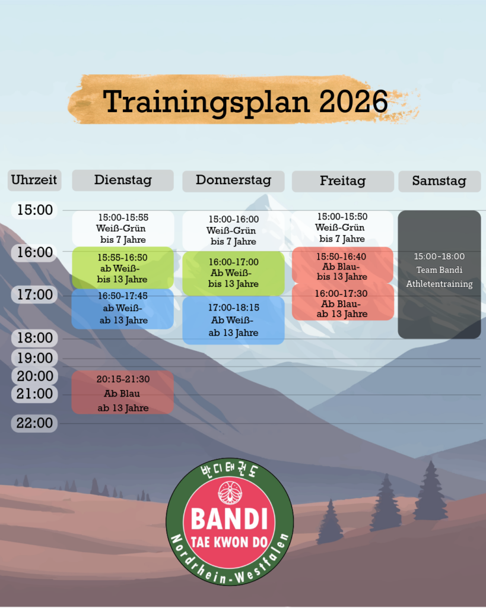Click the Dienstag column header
click(x=123, y=180)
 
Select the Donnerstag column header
click(x=233, y=181)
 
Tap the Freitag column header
click(x=342, y=181)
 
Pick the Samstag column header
click(x=440, y=181)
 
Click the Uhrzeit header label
click(x=34, y=180)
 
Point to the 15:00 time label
click(x=35, y=210)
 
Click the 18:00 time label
click(x=35, y=338)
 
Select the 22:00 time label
click(x=34, y=423)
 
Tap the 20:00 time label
click(x=35, y=376)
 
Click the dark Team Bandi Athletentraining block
click(x=440, y=274)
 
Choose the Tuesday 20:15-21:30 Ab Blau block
click(x=122, y=392)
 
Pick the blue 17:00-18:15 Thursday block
click(x=233, y=320)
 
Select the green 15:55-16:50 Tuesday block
click(x=122, y=268)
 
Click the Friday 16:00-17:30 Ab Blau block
click(x=342, y=302)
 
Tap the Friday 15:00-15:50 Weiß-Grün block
click(x=342, y=228)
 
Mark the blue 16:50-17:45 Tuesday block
click(x=122, y=309)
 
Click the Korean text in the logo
click(x=230, y=470)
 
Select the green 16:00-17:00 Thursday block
click(x=233, y=273)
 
